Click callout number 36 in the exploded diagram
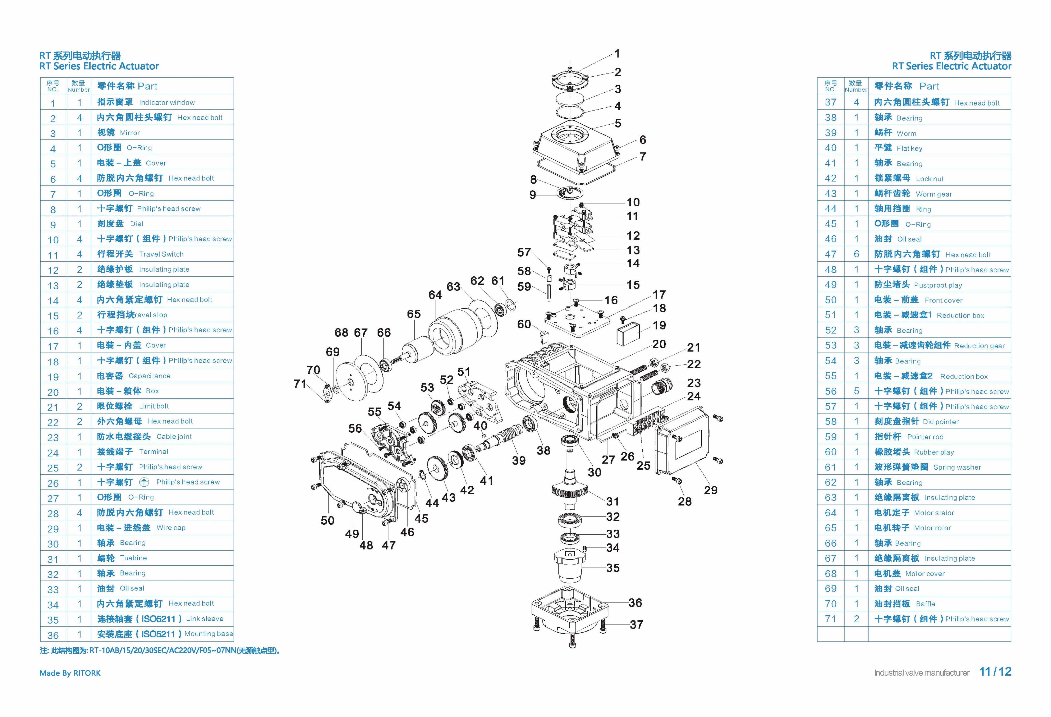635,603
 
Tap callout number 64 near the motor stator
435,295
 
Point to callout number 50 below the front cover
327,520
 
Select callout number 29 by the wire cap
711,490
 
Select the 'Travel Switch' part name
161,254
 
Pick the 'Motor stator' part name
933,513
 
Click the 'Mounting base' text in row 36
208,634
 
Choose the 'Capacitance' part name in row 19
149,376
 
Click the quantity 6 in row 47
856,254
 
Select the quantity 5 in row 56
856,391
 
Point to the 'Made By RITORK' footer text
70,673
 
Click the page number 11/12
995,672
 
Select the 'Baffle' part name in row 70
925,604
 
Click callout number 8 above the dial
534,179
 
